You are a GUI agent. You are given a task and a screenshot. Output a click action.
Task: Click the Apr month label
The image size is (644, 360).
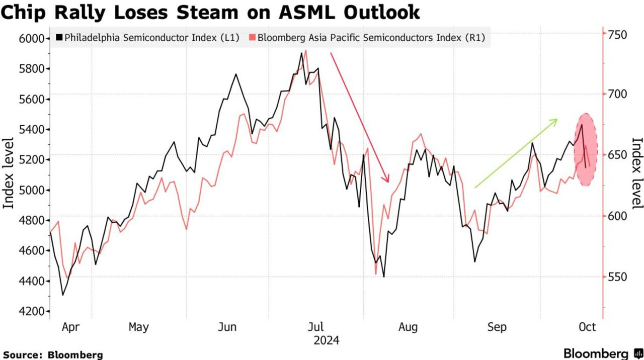point(71,327)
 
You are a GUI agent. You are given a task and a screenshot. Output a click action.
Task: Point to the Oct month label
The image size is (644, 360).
point(587,327)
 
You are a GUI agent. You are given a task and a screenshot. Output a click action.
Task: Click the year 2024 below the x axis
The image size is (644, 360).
point(326,341)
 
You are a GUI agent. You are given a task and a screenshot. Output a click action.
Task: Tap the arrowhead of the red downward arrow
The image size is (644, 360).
point(387,181)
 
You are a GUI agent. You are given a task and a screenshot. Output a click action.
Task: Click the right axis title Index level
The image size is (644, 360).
point(637,173)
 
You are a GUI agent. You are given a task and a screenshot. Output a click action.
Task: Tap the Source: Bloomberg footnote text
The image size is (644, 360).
point(52,354)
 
